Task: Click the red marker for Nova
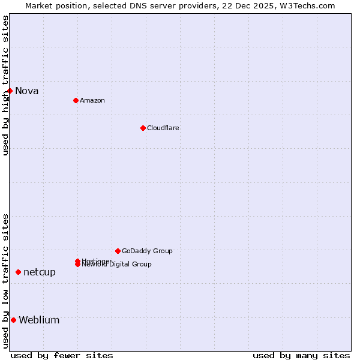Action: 10,91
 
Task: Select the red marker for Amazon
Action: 76,100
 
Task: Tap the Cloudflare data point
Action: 143,128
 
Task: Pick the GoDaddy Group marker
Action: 118,251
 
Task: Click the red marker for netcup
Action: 18,272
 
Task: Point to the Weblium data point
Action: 13,320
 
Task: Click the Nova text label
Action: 27,91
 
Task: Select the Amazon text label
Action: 92,100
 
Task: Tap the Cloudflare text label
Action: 163,128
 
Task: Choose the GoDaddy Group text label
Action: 147,251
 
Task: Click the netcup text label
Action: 40,272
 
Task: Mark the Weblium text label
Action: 40,320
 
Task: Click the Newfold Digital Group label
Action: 118,265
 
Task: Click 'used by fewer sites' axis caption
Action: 62,355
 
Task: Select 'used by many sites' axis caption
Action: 301,355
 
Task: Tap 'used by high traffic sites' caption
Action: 5,85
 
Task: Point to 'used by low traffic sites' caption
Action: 5,281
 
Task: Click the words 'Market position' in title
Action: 54,5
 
